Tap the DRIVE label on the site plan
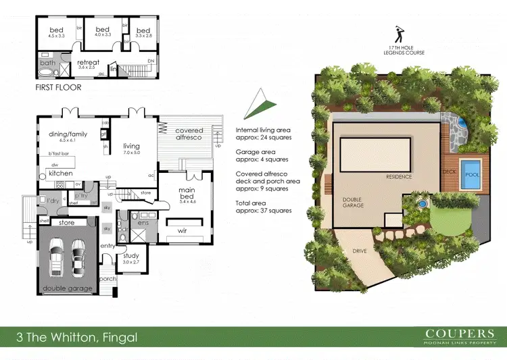pos(360,251)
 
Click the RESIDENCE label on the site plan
pos(399,177)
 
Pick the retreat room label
pos(88,64)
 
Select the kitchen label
pos(61,173)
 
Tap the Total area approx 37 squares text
pos(263,207)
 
